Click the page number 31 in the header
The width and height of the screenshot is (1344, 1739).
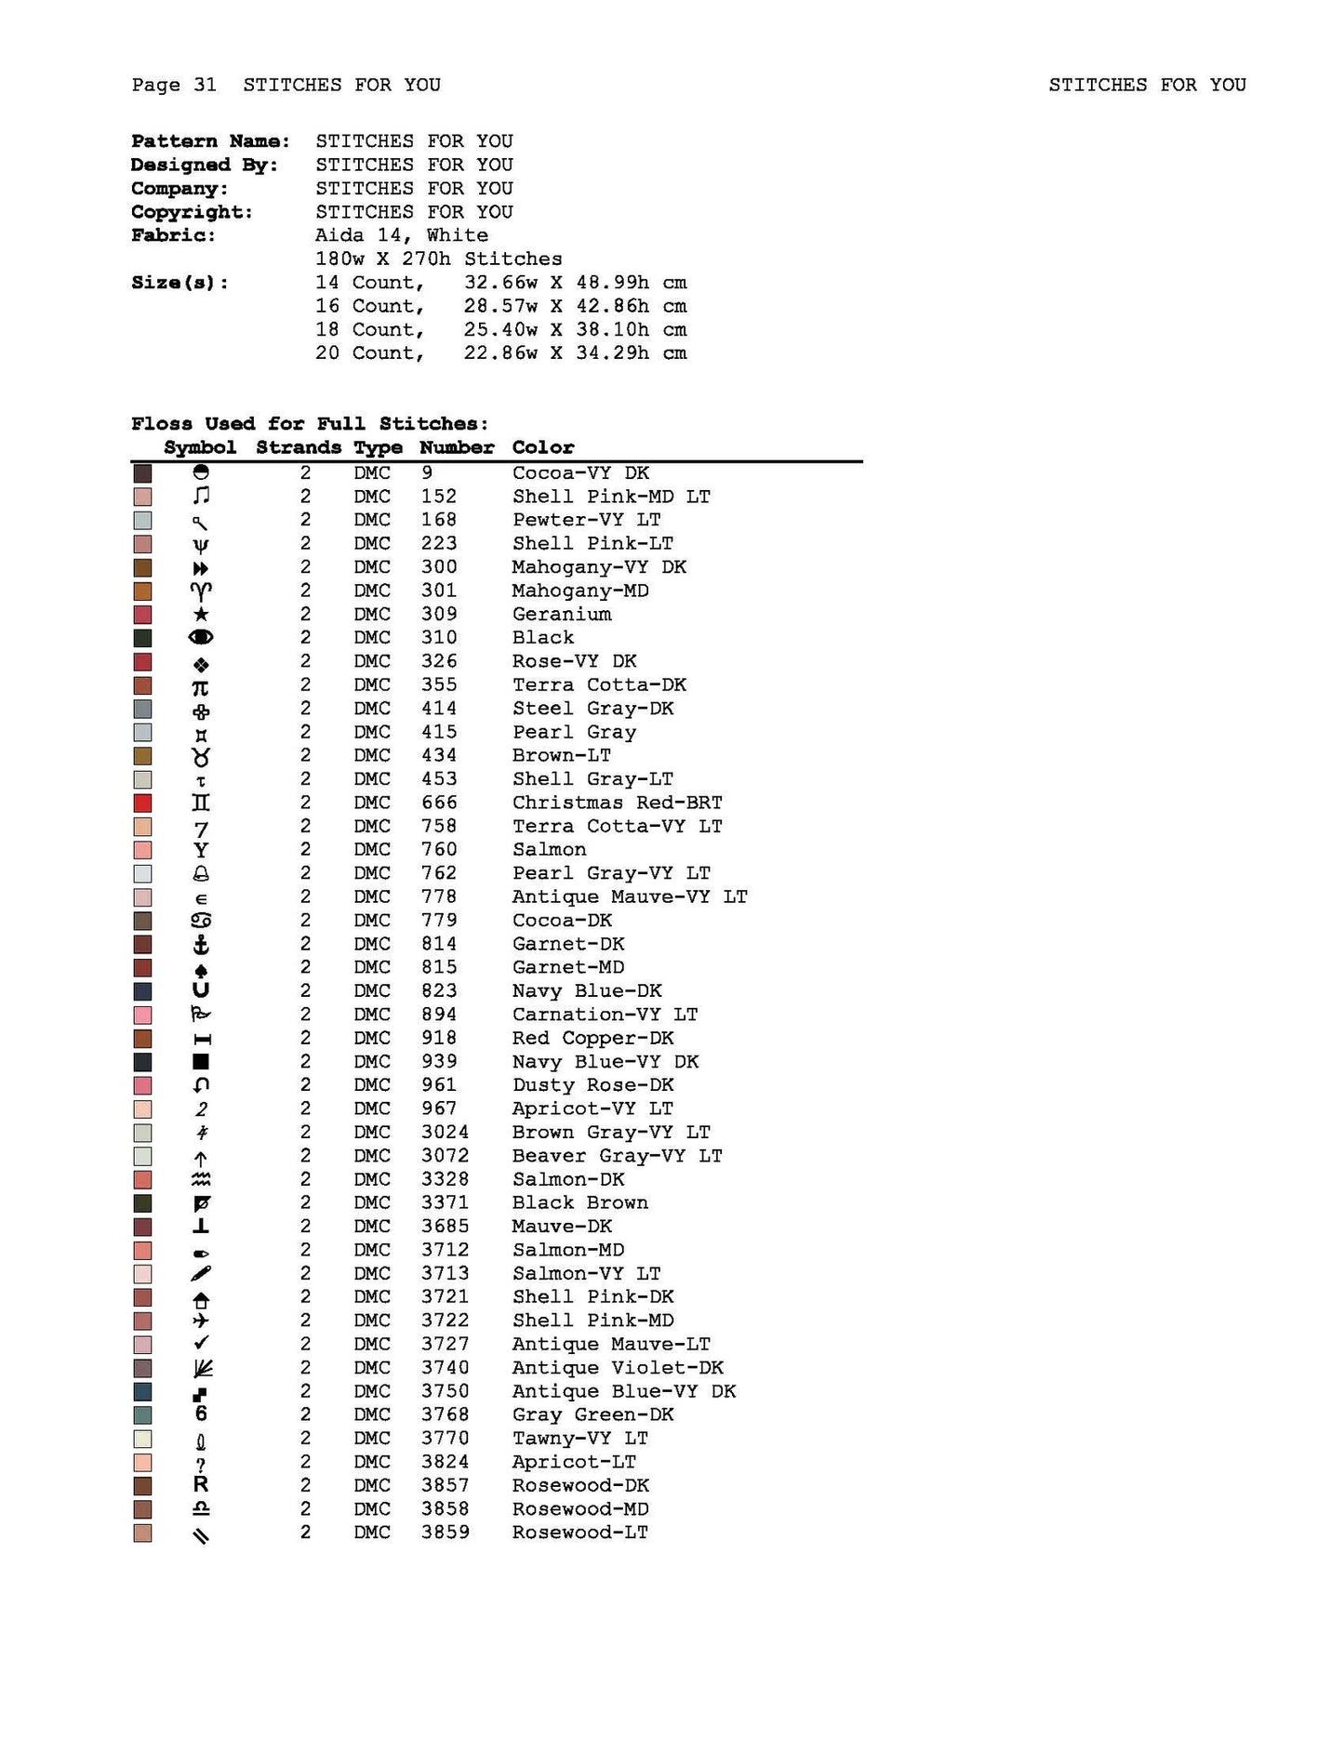205,86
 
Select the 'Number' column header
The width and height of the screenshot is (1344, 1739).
456,447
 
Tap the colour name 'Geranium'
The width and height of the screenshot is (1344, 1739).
562,615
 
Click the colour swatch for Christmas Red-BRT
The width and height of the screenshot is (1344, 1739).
142,803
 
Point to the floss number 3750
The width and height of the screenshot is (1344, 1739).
445,1392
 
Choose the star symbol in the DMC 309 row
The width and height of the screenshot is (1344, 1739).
201,615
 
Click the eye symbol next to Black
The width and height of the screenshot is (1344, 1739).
201,638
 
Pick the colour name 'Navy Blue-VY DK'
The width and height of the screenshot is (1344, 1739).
605,1062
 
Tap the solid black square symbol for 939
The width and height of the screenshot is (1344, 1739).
201,1062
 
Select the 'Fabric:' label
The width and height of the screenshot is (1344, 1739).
173,236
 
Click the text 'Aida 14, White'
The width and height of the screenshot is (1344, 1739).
401,236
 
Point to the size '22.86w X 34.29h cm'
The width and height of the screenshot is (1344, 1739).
575,353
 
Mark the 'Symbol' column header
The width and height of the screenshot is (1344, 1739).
200,447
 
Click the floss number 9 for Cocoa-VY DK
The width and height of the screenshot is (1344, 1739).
427,473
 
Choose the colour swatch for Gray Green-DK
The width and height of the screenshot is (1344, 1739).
142,1415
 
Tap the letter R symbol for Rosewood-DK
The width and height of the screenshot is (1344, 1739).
201,1486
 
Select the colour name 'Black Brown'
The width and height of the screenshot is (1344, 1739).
579,1203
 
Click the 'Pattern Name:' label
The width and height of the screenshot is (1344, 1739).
210,141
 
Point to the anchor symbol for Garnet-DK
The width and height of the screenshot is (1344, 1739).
201,945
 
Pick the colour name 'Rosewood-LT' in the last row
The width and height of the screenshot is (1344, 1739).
579,1533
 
